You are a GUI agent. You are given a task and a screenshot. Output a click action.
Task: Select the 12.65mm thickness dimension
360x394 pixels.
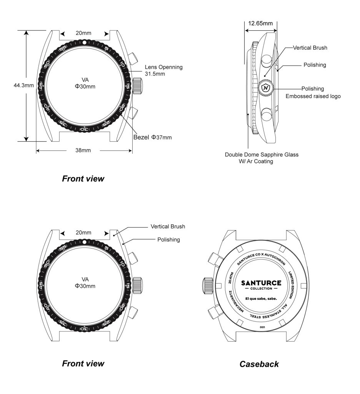(x=260, y=23)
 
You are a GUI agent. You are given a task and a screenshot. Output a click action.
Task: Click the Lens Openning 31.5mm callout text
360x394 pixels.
(x=163, y=70)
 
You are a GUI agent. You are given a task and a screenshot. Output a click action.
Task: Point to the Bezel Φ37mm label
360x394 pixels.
(x=152, y=137)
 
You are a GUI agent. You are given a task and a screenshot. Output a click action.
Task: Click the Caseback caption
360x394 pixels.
(x=259, y=364)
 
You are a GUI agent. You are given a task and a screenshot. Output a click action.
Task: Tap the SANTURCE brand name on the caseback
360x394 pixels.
(x=261, y=283)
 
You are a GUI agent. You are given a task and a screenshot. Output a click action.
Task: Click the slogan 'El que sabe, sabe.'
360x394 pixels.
(x=261, y=298)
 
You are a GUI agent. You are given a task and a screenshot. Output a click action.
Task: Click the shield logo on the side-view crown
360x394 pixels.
(x=265, y=88)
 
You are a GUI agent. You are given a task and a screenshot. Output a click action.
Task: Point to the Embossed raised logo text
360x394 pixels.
(x=313, y=96)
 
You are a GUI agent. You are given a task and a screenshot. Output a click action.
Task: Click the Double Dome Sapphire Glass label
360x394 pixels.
(x=262, y=155)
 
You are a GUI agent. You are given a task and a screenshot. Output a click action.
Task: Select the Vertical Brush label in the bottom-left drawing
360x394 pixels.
(x=168, y=227)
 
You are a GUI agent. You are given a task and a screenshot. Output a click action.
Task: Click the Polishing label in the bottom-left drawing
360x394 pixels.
(x=168, y=240)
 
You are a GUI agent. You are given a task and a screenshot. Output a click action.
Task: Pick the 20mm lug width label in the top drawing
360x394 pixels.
(x=83, y=33)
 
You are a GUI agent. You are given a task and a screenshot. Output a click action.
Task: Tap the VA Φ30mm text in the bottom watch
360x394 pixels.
(x=85, y=282)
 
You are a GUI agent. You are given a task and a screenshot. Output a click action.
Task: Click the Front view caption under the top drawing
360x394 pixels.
(x=83, y=179)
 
